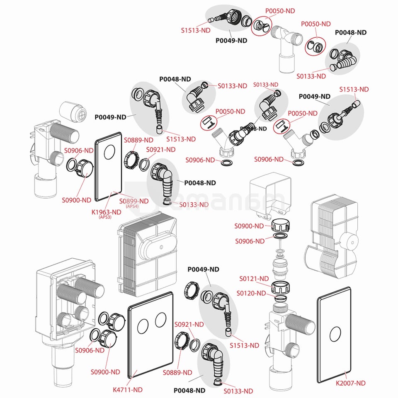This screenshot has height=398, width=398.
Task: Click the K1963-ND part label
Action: [106, 212]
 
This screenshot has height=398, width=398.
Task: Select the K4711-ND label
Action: [128, 390]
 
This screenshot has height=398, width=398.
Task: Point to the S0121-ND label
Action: [254, 279]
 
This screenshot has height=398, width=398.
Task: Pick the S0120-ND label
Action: [251, 293]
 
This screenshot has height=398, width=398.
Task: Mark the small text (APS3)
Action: [106, 217]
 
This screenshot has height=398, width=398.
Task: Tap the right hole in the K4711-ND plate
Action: [160, 320]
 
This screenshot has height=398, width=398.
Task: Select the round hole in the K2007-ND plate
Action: [334, 332]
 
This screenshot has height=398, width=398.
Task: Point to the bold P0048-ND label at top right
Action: [351, 32]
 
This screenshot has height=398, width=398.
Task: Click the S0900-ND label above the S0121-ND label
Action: [249, 226]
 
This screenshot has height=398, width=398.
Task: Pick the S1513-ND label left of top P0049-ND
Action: [196, 30]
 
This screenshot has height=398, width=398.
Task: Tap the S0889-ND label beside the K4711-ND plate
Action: [177, 372]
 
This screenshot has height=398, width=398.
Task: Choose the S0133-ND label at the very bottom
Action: [238, 391]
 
